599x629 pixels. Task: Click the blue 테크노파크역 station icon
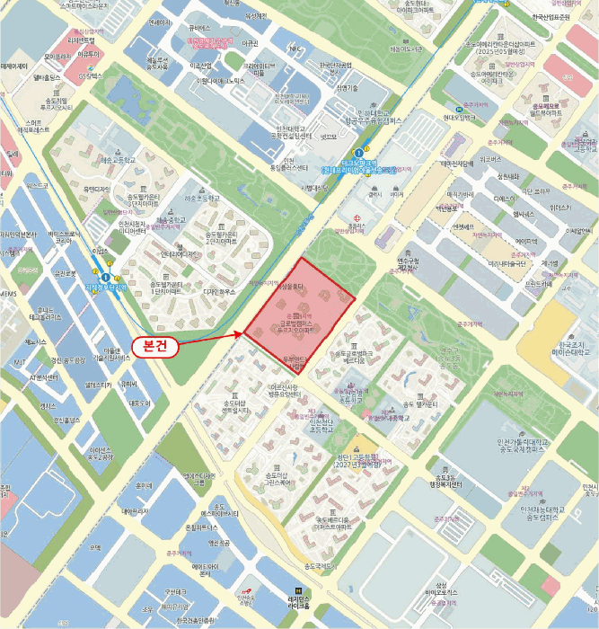click(358, 153)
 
